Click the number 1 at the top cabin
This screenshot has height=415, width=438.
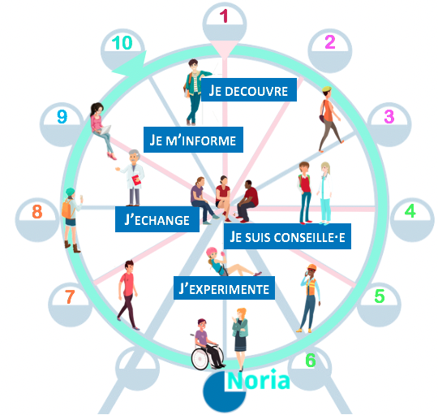(x=224, y=16)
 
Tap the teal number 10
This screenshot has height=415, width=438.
(x=122, y=43)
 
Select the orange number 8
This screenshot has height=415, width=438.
(x=37, y=211)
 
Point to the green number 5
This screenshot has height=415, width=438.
(x=380, y=296)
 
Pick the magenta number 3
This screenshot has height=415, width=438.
(x=389, y=116)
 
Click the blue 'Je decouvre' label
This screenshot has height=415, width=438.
(x=249, y=90)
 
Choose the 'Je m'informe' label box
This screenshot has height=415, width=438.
(x=193, y=140)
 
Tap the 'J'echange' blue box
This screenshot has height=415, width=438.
(x=157, y=219)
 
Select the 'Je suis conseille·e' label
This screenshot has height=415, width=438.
(x=287, y=236)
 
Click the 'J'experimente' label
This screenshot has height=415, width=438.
(x=224, y=288)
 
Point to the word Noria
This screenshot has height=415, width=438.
(x=259, y=379)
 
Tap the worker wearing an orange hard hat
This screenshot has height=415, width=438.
(x=310, y=298)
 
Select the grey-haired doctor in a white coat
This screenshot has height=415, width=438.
(x=132, y=178)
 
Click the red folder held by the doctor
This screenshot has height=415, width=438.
(x=136, y=179)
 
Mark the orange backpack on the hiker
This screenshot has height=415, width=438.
(x=67, y=209)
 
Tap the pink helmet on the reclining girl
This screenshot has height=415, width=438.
(x=212, y=253)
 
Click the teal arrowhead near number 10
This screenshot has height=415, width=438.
(x=131, y=64)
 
